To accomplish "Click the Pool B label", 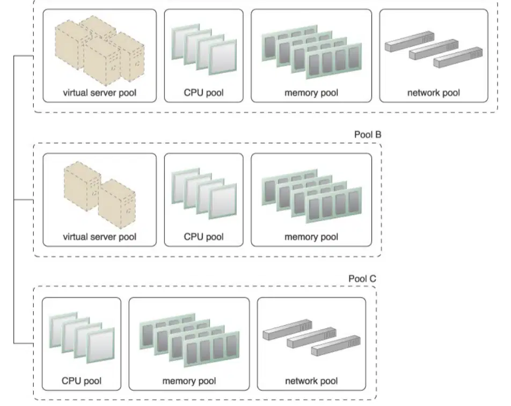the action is tap(368, 134).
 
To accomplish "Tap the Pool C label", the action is tap(362, 279).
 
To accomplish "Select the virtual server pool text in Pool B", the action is tap(99, 237).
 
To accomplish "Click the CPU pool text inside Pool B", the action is tap(203, 237).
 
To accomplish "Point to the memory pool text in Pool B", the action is tap(311, 237).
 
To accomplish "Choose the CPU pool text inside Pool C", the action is tap(82, 381).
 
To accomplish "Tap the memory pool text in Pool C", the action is tap(189, 381).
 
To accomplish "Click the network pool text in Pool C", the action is tap(311, 381).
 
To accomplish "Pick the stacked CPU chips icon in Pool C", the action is tap(82, 337).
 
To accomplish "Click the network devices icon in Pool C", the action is tap(311, 337).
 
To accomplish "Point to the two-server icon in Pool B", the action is tap(99, 195).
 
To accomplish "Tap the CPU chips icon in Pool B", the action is tap(204, 193).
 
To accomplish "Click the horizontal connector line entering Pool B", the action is tap(24, 200).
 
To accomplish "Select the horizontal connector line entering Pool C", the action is tap(24, 343).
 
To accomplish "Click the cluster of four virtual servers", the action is tap(99, 49).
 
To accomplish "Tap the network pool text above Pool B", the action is tap(434, 92).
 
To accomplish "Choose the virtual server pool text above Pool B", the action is tap(99, 92).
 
